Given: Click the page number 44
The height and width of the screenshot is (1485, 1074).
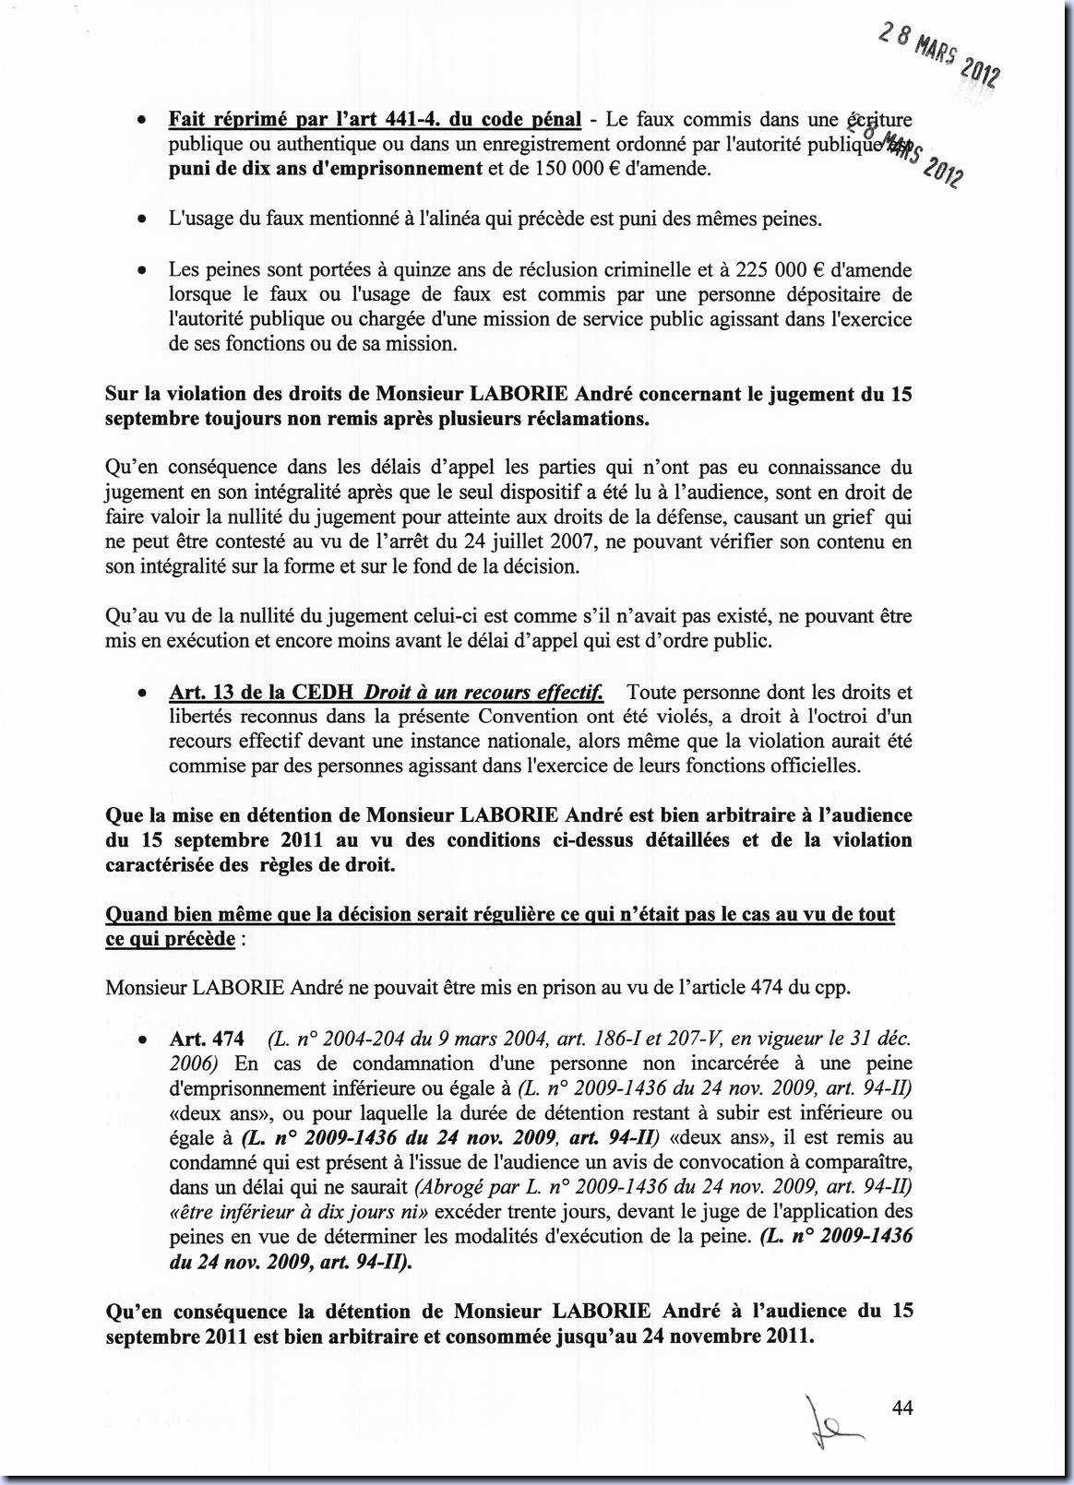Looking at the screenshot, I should click(902, 1408).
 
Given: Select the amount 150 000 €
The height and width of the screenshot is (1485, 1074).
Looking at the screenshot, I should click(577, 169).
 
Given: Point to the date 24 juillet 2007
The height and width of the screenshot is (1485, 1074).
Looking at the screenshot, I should click(586, 542).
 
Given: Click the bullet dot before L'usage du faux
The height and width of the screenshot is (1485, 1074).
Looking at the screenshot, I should click(140, 220).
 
